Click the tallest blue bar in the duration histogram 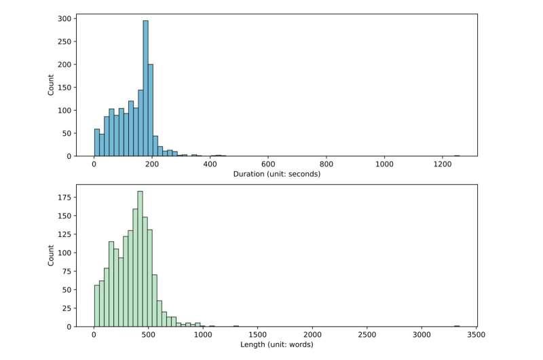tap(145, 88)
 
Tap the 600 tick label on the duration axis tap(268, 165)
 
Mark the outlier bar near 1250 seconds tap(457, 155)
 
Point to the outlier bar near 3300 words tap(457, 326)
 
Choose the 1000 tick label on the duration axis tap(385, 165)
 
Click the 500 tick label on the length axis tap(149, 336)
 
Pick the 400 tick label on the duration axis tap(210, 165)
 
